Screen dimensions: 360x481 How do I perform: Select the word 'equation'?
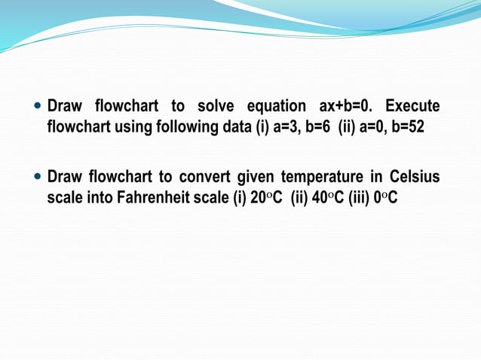click(x=276, y=105)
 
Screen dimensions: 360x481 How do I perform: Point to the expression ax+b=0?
click(x=347, y=105)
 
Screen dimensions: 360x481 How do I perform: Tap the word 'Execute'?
click(x=412, y=105)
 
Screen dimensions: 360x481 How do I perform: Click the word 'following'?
click(x=187, y=126)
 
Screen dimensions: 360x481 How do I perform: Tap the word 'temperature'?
click(x=319, y=177)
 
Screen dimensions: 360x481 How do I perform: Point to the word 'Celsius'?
click(x=415, y=177)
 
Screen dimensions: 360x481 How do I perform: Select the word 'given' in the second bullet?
click(x=256, y=177)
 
